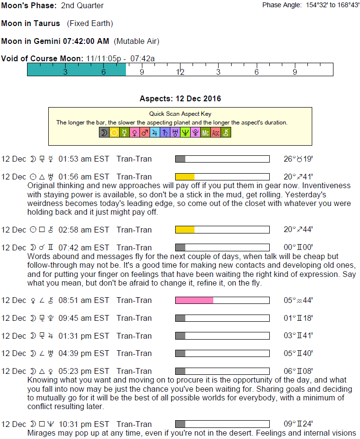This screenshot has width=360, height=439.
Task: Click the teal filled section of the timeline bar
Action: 76,70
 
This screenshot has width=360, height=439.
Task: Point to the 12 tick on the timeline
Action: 180,72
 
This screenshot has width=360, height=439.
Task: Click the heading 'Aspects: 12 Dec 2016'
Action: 180,99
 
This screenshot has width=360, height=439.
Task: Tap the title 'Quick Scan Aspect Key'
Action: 180,114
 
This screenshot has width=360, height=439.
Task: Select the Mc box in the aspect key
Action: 206,132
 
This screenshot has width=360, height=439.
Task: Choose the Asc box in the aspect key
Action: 216,132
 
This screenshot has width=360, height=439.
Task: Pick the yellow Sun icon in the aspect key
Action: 114,132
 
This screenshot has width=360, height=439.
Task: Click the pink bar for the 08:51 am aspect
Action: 194,301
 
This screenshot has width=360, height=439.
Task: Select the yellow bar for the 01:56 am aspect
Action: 185,177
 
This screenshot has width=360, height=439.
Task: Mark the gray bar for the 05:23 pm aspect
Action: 180,371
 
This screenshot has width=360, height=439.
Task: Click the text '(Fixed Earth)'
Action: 90,23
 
